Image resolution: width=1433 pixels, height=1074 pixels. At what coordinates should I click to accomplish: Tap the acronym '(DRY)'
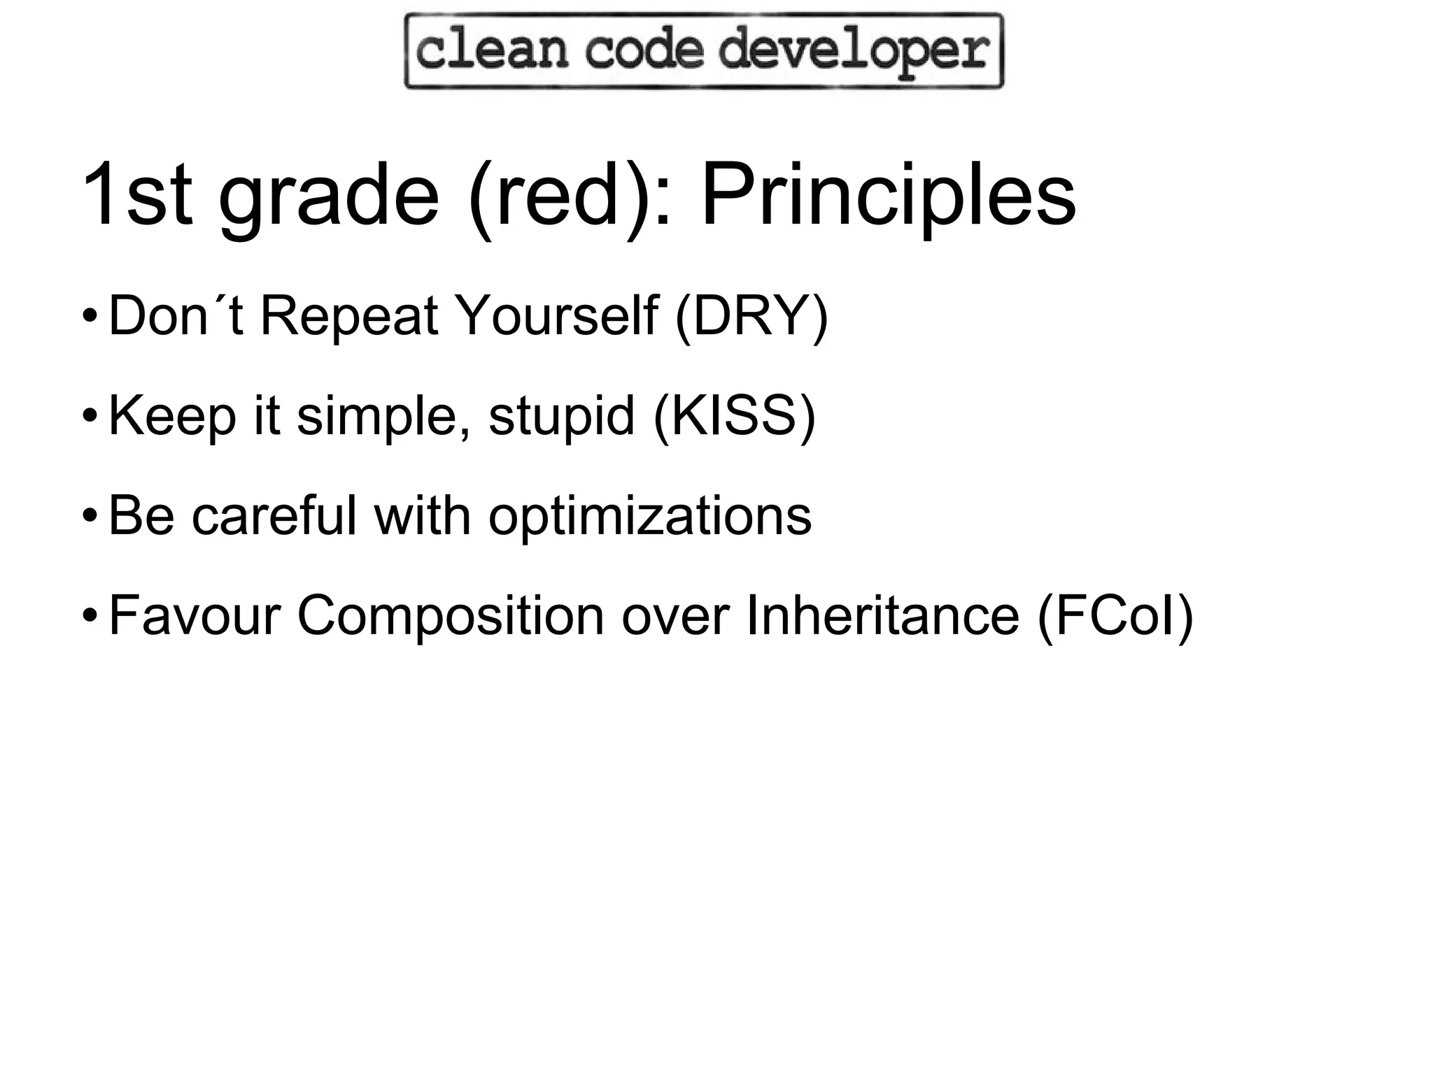(x=751, y=317)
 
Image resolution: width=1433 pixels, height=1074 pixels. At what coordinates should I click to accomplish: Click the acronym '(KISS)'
(x=734, y=416)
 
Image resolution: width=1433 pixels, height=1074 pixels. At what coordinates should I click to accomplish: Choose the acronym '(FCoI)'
(x=1115, y=616)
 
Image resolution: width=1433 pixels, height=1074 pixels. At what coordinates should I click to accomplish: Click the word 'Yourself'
(x=556, y=317)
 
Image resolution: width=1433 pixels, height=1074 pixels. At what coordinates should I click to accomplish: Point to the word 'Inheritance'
(x=882, y=615)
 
